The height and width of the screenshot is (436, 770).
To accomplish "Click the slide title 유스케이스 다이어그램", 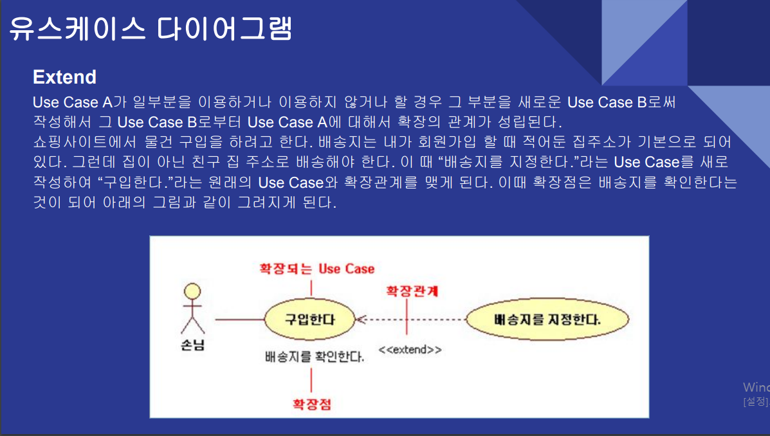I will pyautogui.click(x=151, y=28).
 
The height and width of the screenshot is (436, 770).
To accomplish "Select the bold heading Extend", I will pyautogui.click(x=64, y=77).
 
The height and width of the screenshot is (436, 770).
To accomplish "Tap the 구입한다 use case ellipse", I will pyautogui.click(x=310, y=319).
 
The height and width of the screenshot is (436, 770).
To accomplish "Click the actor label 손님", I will pyautogui.click(x=192, y=345).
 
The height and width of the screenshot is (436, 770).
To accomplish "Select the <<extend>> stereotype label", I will pyautogui.click(x=410, y=350).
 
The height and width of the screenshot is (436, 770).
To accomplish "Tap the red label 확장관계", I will pyautogui.click(x=412, y=290).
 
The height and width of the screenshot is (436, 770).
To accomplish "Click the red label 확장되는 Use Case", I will pyautogui.click(x=316, y=268).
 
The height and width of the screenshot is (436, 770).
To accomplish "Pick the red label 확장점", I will pyautogui.click(x=312, y=404).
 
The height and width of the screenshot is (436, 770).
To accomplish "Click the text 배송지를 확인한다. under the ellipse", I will pyautogui.click(x=314, y=356).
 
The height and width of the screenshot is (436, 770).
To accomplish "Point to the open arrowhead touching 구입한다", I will pyautogui.click(x=360, y=319).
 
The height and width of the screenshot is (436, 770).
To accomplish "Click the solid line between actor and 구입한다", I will pyautogui.click(x=239, y=319).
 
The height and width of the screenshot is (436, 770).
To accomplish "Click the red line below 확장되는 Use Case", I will pyautogui.click(x=312, y=288).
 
